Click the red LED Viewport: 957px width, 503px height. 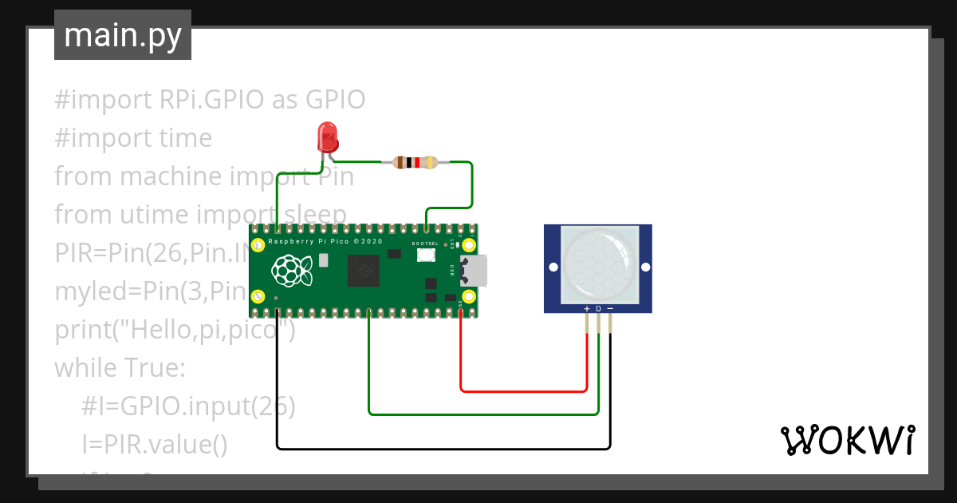pos(326,137)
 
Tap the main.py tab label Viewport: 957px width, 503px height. pos(123,36)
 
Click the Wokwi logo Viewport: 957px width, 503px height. pos(847,440)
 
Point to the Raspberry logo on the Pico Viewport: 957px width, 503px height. pos(292,271)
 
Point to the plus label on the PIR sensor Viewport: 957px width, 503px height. pos(587,308)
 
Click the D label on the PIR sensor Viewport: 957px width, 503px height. pos(599,308)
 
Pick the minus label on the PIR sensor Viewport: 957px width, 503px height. pos(610,308)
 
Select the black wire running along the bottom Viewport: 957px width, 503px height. pos(443,448)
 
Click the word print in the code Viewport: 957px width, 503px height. pos(83,330)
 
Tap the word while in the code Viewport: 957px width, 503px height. pos(85,368)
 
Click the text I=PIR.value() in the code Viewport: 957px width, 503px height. pos(154,445)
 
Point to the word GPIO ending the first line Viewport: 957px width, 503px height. pos(335,100)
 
